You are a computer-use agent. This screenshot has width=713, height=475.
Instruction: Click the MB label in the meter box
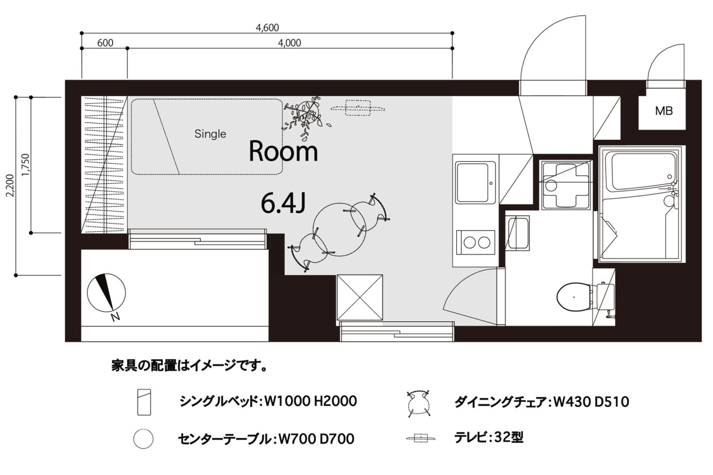pos(664,111)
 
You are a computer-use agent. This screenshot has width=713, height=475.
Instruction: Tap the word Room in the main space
pos(283,152)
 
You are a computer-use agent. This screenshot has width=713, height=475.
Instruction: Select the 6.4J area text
pos(283,203)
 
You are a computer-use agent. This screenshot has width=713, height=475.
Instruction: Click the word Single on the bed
pos(210,134)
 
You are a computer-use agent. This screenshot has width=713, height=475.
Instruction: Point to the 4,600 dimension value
pos(268,28)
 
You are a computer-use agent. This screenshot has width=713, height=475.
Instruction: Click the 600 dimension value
pos(105,43)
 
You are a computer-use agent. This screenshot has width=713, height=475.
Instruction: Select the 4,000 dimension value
pos(289,43)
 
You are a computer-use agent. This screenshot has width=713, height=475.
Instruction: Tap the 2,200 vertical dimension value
pos(11,185)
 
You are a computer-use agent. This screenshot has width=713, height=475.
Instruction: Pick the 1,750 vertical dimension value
pos(26,165)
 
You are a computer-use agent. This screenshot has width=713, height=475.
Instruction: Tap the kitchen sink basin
pos(476,183)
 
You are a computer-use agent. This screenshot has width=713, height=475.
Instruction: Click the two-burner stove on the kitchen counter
pos(476,242)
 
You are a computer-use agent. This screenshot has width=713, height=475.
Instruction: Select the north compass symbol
pos(106,292)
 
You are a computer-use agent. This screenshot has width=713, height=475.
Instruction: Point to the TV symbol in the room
pos(358,108)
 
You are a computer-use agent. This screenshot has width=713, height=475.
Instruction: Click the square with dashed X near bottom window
pos(360,298)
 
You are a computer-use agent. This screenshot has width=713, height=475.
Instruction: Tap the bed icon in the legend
pos(144,402)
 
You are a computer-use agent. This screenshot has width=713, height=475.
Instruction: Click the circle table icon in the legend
pos(143,439)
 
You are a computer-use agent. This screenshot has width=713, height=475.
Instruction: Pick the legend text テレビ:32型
pos(488,438)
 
